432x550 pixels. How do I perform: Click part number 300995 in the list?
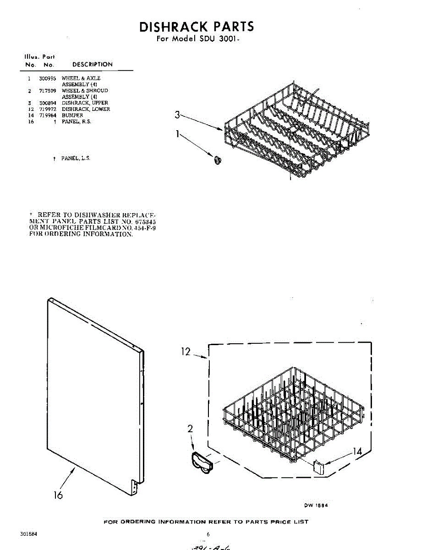click(x=47, y=78)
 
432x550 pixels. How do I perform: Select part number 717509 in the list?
click(x=47, y=91)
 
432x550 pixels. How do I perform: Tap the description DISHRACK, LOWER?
click(x=86, y=109)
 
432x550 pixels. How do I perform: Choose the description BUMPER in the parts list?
click(x=72, y=115)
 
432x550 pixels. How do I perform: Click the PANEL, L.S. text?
click(x=76, y=158)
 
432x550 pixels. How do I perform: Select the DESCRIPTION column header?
click(x=92, y=65)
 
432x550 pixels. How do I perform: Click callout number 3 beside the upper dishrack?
click(x=177, y=115)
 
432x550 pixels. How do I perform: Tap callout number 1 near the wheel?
click(x=178, y=135)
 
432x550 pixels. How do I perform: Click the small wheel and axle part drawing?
click(x=217, y=159)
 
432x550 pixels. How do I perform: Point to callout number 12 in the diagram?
click(x=186, y=352)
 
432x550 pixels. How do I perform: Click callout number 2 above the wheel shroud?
click(x=190, y=429)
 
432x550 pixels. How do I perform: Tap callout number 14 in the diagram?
click(x=356, y=452)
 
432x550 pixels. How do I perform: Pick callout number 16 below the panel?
click(x=58, y=495)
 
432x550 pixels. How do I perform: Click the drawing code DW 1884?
click(x=316, y=506)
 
